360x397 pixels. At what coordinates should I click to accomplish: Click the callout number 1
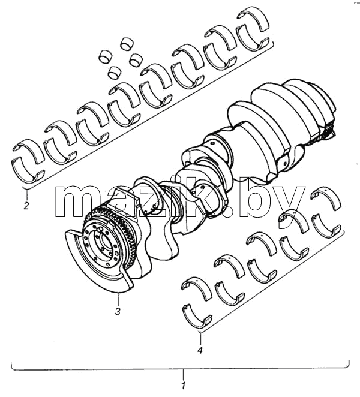click(x=183, y=386)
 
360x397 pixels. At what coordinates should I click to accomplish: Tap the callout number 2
click(x=26, y=205)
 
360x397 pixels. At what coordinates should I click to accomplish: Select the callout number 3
click(x=118, y=311)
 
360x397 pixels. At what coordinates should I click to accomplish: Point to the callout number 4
click(x=200, y=350)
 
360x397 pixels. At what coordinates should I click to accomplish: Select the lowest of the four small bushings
click(x=115, y=72)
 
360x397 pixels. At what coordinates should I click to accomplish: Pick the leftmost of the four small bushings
click(x=104, y=56)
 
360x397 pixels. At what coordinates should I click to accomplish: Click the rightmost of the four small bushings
click(x=136, y=60)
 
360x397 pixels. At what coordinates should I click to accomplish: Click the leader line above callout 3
click(x=118, y=299)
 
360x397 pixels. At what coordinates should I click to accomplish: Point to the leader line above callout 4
click(x=200, y=338)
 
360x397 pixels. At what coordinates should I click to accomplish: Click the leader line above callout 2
click(x=26, y=194)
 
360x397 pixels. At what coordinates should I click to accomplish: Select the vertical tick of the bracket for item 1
click(x=183, y=374)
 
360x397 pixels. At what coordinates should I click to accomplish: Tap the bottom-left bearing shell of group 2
click(x=28, y=170)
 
